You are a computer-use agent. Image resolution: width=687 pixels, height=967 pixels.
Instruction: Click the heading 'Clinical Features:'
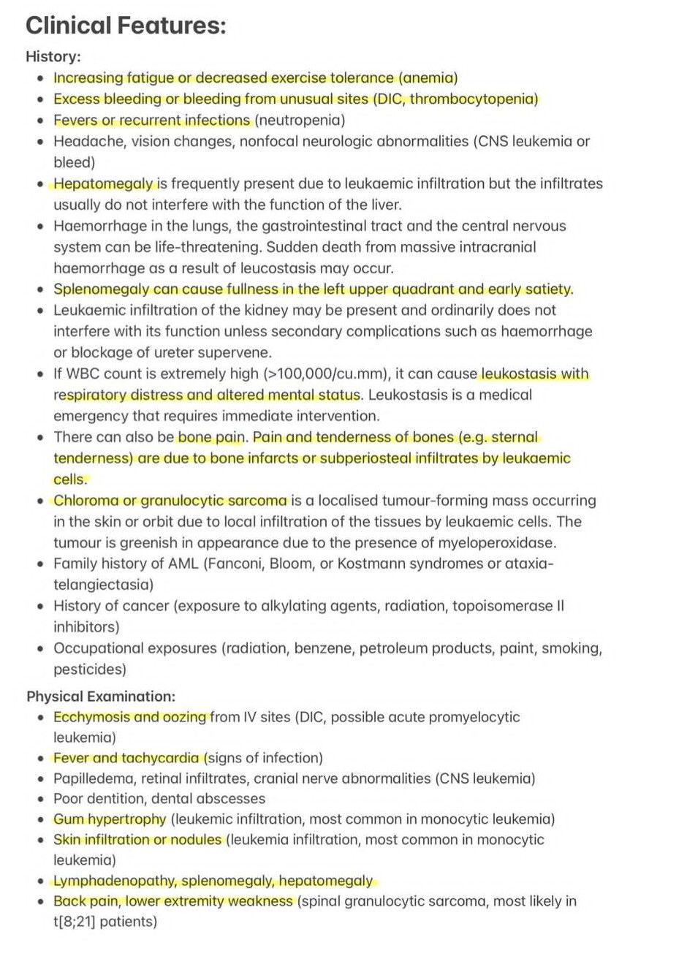coord(126,26)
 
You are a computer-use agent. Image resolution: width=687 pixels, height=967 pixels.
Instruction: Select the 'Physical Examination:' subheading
coord(101,696)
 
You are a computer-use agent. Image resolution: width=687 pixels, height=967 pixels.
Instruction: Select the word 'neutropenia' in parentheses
coord(300,120)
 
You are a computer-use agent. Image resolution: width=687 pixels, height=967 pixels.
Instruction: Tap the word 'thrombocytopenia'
coord(472,99)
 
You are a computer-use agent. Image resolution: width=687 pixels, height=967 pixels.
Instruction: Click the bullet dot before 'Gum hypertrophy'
coord(41,819)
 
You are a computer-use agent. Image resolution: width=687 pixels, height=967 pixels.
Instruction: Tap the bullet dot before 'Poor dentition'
coord(41,799)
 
